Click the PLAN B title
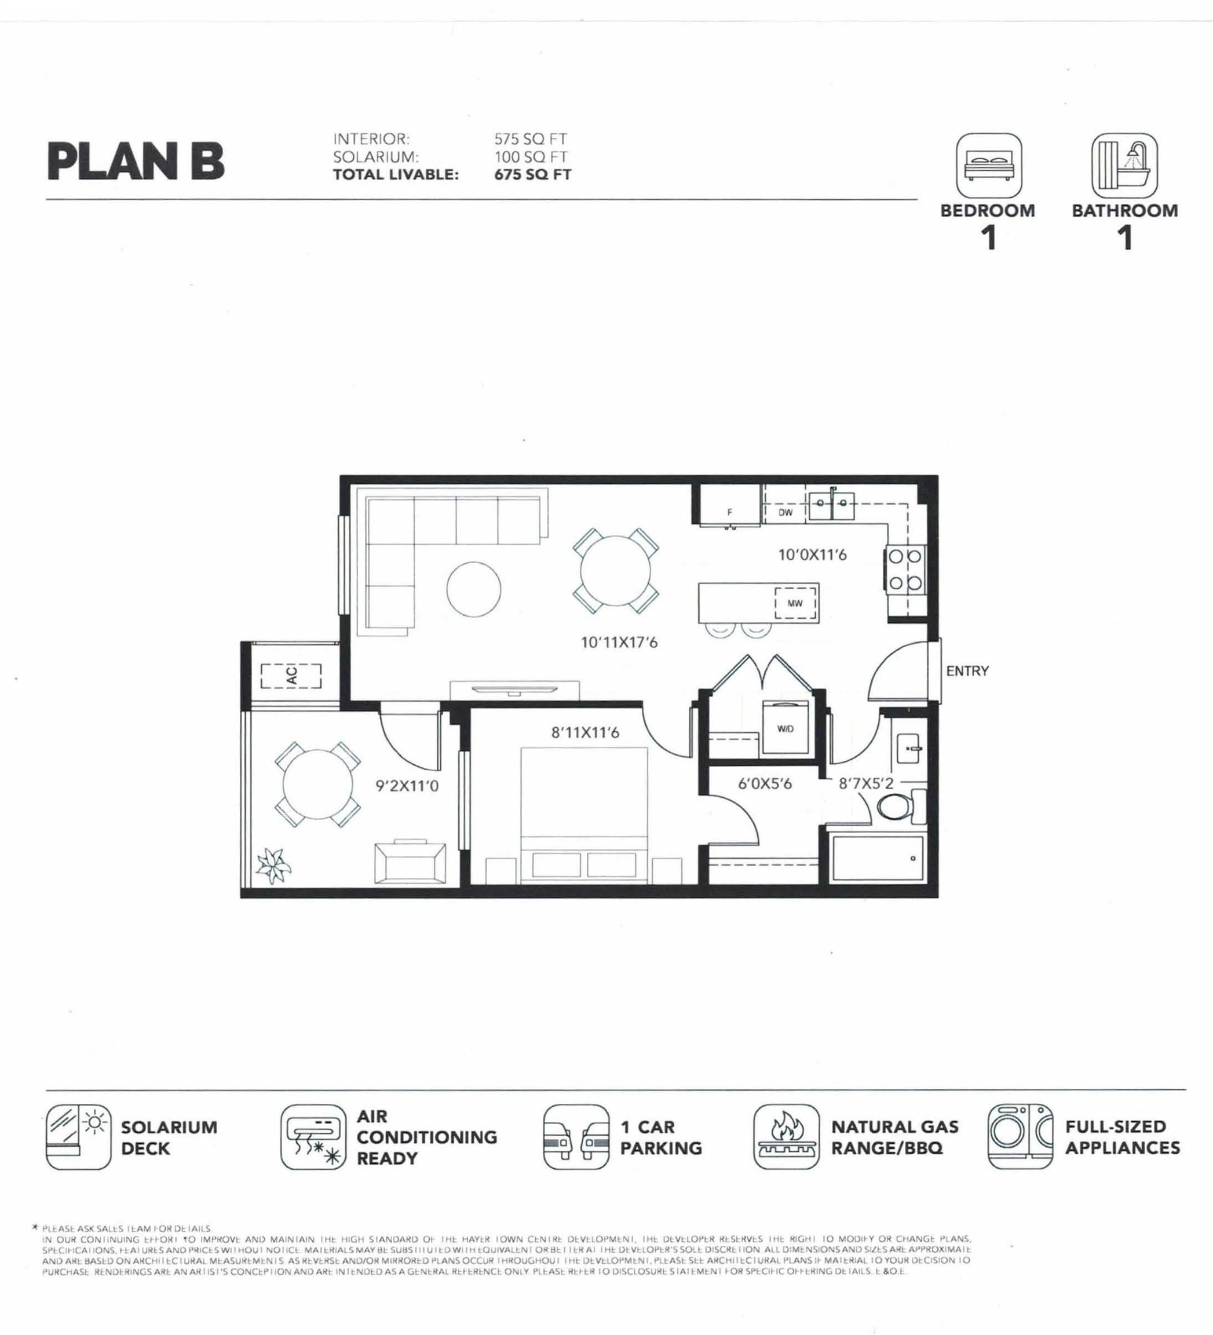click(136, 162)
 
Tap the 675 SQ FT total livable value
click(532, 175)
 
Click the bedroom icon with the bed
click(989, 166)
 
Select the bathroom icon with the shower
click(1124, 166)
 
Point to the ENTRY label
click(967, 671)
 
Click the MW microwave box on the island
click(795, 603)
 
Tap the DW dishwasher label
click(785, 513)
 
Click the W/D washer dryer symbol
click(785, 728)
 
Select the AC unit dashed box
click(291, 676)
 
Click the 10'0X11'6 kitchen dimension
click(812, 555)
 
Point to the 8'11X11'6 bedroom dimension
click(585, 732)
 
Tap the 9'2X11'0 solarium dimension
click(407, 786)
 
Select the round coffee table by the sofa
click(473, 589)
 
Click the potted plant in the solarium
click(273, 866)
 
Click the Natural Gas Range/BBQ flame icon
click(786, 1136)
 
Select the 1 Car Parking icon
click(575, 1136)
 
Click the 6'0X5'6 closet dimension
click(765, 784)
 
